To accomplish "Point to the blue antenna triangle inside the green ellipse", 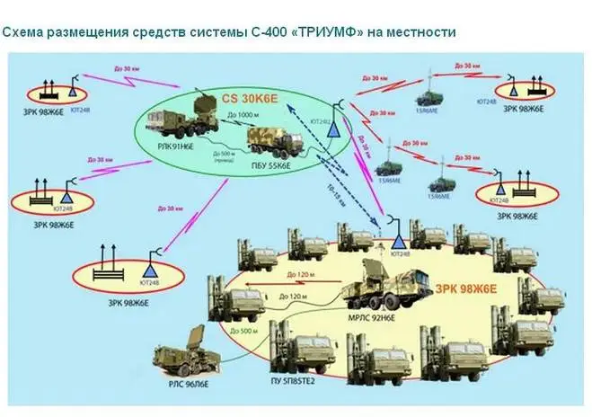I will [x=333, y=129].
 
